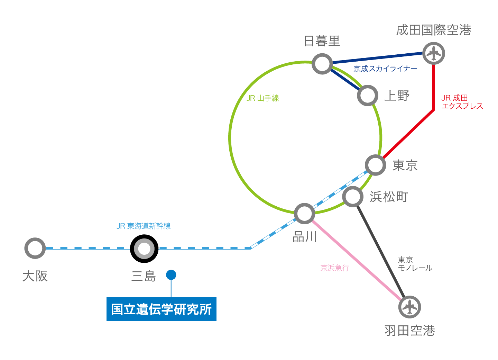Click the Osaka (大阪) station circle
(x=35, y=248)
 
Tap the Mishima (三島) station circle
(x=144, y=249)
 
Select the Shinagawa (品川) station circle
(x=304, y=213)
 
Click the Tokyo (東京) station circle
(x=375, y=165)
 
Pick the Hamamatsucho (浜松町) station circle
(x=353, y=197)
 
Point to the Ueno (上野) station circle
(x=367, y=96)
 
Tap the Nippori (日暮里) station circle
(x=322, y=64)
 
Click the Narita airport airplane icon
(x=434, y=53)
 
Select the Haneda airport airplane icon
(x=409, y=307)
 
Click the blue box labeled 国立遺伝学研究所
(x=161, y=309)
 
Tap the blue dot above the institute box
(x=171, y=275)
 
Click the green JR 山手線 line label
(x=262, y=98)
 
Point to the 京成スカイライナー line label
(x=385, y=69)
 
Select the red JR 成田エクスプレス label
(x=462, y=102)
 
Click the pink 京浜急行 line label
(x=335, y=268)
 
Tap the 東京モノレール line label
(x=415, y=264)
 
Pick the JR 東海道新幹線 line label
(x=144, y=226)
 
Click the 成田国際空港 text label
(x=434, y=30)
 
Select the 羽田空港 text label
(x=409, y=331)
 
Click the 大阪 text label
(x=35, y=276)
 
